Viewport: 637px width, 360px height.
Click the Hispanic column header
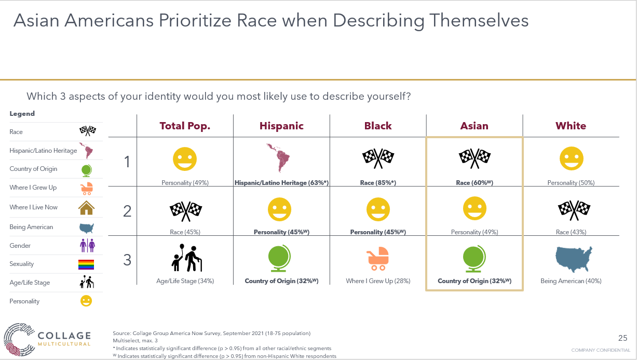click(281, 126)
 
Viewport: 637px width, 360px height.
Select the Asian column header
click(474, 126)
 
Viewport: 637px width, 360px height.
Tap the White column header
click(571, 126)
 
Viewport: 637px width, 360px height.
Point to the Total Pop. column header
click(185, 126)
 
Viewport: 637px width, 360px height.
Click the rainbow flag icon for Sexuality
click(86, 264)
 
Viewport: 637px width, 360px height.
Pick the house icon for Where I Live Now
click(86, 207)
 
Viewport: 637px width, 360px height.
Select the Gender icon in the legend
click(86, 246)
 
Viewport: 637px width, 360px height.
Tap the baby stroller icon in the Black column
click(378, 258)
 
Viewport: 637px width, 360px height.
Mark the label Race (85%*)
click(378, 183)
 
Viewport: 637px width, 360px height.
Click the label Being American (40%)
click(571, 281)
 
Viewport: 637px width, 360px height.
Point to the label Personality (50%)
click(571, 183)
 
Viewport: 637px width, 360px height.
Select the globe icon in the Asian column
click(475, 259)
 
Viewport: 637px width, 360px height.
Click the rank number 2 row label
click(127, 211)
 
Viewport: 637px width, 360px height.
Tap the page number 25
click(623, 338)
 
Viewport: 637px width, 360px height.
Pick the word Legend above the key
click(22, 114)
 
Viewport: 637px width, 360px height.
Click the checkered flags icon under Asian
click(475, 158)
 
